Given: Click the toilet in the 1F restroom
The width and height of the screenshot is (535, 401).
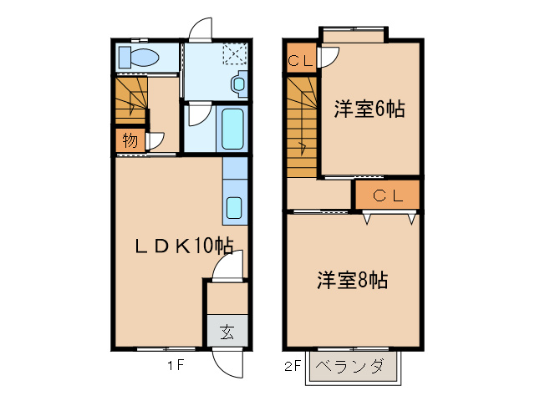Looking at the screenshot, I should [139, 58].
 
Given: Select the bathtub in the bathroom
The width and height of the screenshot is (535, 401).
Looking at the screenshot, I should [232, 129].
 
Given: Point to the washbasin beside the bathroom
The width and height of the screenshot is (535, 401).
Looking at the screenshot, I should [239, 84].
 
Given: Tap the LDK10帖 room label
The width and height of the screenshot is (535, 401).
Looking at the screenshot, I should [185, 246].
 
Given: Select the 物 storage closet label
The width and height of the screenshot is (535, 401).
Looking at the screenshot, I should [130, 140].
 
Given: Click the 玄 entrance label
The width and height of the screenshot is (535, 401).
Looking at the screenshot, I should [227, 331].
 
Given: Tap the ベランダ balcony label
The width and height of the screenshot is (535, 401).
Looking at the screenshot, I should [353, 366].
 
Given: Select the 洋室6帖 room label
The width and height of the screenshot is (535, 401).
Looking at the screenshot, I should [370, 109].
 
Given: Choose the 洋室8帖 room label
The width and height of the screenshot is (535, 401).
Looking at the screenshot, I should [351, 280].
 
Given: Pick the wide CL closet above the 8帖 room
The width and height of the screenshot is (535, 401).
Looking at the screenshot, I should [388, 195].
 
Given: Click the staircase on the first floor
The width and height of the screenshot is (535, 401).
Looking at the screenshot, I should [130, 97].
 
